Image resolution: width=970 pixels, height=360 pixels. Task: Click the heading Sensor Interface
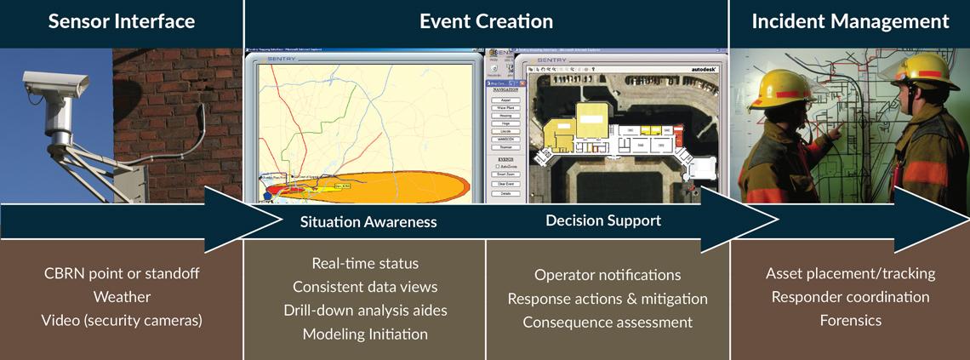(x=121, y=21)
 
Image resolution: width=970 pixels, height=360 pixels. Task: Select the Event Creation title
(x=486, y=21)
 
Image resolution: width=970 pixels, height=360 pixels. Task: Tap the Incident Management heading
(x=850, y=21)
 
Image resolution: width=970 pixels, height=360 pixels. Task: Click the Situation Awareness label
(x=368, y=222)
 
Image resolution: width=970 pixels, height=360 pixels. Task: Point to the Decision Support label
(x=603, y=220)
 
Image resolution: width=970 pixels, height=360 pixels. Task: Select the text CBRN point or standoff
(x=120, y=274)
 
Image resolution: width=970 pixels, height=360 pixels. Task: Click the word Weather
(x=121, y=297)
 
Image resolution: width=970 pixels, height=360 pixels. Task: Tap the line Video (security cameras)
(x=121, y=320)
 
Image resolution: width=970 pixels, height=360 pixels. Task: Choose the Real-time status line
(x=365, y=263)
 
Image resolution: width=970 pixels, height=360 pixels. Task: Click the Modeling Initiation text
(x=365, y=334)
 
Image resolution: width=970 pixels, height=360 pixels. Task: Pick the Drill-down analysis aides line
(x=365, y=310)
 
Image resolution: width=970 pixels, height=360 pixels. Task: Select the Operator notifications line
(x=608, y=275)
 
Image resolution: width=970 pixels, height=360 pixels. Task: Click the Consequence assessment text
(x=608, y=323)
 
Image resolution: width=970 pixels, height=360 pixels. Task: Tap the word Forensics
(x=850, y=320)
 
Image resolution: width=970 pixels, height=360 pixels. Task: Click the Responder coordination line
(x=850, y=297)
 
